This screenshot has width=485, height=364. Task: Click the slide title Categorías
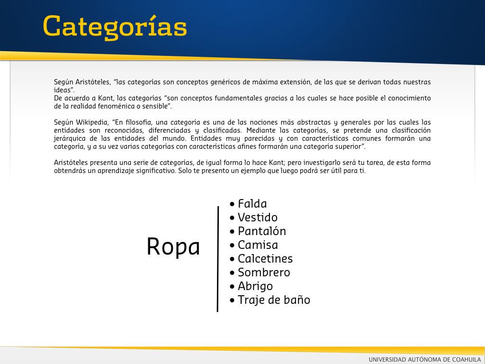click(115, 27)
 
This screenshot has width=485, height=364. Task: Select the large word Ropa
click(173, 247)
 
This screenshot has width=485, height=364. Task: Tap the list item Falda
click(252, 204)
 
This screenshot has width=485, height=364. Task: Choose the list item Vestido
click(257, 217)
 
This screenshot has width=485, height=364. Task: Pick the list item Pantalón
click(261, 231)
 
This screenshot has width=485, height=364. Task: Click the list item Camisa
click(258, 245)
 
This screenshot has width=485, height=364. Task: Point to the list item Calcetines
click(265, 258)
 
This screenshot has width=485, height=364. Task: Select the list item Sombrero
click(264, 273)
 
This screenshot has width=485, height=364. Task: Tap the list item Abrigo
click(255, 286)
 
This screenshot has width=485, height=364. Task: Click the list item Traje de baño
click(274, 300)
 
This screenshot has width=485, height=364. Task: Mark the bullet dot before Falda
click(232, 204)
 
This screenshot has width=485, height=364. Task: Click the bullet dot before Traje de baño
click(232, 300)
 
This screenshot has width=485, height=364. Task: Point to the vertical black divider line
click(218, 259)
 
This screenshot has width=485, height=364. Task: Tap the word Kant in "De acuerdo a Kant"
click(106, 98)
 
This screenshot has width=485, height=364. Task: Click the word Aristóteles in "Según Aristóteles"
click(93, 82)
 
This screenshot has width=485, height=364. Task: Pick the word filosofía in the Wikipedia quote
click(139, 122)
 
